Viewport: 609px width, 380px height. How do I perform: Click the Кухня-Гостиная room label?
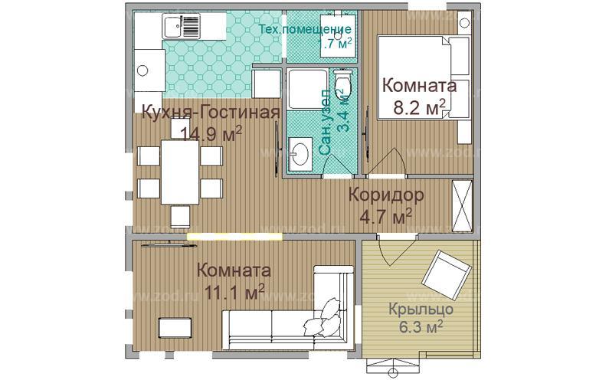pyautogui.click(x=209, y=113)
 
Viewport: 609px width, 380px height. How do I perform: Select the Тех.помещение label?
pyautogui.click(x=304, y=30)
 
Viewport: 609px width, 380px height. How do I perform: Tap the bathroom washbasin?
pyautogui.click(x=300, y=152)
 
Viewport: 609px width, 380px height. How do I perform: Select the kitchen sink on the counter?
pyautogui.click(x=171, y=29)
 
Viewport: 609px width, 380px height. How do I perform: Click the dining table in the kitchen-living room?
pyautogui.click(x=179, y=172)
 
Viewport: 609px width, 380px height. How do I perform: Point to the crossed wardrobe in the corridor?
pyautogui.click(x=463, y=205)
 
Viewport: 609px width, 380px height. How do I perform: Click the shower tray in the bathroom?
pyautogui.click(x=305, y=94)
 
